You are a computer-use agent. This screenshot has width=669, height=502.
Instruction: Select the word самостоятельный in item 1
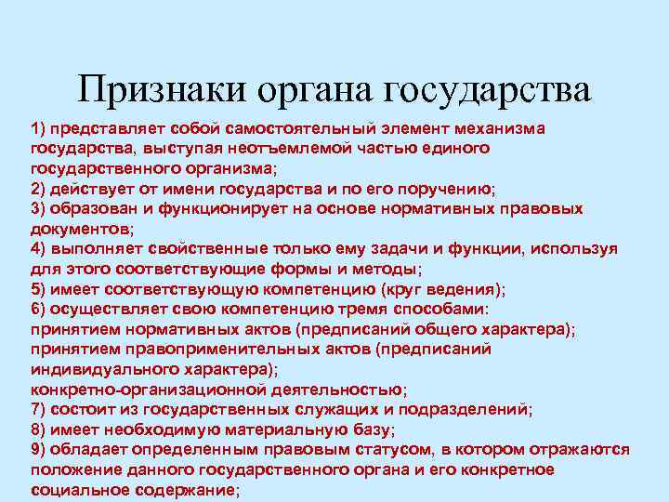[x=289, y=127]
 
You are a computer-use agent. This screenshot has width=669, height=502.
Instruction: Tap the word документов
[x=80, y=229]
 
